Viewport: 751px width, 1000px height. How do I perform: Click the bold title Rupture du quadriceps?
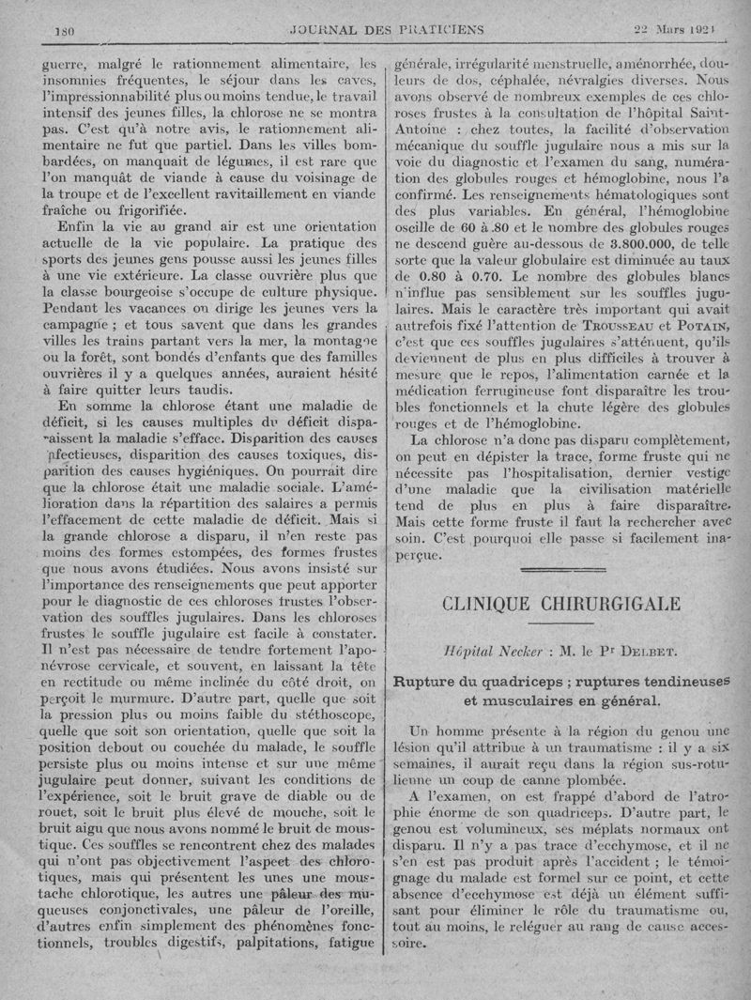point(475,681)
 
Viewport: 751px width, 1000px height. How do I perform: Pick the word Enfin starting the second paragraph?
point(80,227)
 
